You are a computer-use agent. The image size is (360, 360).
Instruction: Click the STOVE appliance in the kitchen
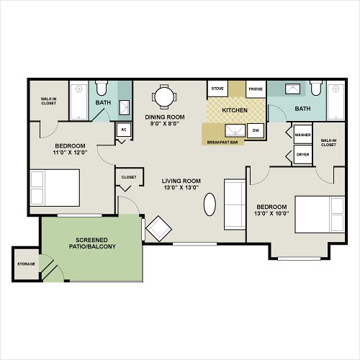point(217,89)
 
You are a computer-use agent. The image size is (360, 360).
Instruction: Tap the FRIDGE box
point(256,89)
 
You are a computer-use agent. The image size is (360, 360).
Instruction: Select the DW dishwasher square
point(256,130)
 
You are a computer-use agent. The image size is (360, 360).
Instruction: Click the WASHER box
point(302,135)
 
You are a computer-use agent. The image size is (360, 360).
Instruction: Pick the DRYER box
point(302,155)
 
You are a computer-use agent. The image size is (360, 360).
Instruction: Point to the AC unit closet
point(124,130)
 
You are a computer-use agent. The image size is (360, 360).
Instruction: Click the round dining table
point(164,97)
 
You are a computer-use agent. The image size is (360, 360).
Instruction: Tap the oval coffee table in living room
point(210,204)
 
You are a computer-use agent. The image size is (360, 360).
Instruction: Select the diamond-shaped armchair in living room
point(158,228)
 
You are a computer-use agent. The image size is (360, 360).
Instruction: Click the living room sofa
point(235,204)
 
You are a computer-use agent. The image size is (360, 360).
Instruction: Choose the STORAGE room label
point(26,264)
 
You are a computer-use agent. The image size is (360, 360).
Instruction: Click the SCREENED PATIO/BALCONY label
point(92,243)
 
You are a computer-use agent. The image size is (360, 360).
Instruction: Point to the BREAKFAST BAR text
point(222,143)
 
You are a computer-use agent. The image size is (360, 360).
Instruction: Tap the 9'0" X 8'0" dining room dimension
point(165,124)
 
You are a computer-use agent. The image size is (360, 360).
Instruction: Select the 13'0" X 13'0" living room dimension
point(181,187)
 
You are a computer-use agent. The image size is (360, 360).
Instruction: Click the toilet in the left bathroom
point(102,88)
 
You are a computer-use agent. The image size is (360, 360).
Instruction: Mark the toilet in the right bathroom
point(316,88)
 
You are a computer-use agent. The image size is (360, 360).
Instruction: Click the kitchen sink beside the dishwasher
point(235,131)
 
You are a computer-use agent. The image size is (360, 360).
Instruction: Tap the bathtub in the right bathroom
point(336,102)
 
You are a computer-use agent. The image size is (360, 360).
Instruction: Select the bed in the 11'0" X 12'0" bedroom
point(55,188)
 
